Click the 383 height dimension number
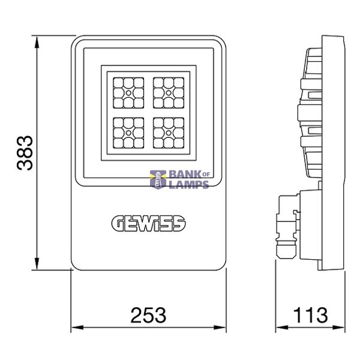tap(25, 153)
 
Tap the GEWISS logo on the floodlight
tap(149, 223)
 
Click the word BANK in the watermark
tap(185, 175)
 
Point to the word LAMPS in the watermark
tap(189, 184)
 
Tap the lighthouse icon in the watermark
tap(158, 179)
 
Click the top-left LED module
tap(128, 93)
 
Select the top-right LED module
tap(169, 93)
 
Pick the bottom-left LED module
tap(128, 133)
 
